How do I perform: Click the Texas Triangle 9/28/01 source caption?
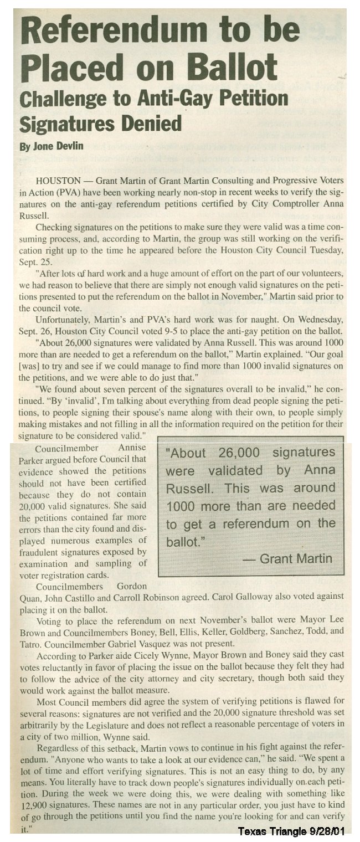(297, 831)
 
